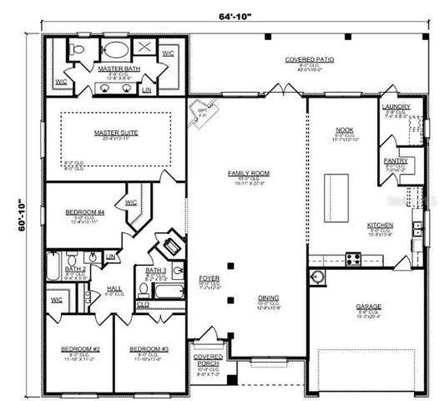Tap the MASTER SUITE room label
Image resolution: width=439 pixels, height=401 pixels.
117,133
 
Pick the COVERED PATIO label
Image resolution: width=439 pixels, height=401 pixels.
308,60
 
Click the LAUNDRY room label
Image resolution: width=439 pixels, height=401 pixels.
395,107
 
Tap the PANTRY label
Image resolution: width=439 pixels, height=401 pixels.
395,160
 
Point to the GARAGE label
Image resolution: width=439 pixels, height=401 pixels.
368,306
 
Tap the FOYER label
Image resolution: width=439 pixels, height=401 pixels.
208,277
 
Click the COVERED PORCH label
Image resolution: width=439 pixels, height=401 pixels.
208,360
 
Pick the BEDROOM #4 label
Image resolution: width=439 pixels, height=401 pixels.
83,213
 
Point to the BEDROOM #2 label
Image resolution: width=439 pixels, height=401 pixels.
79,348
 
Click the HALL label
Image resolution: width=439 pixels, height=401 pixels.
114,288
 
